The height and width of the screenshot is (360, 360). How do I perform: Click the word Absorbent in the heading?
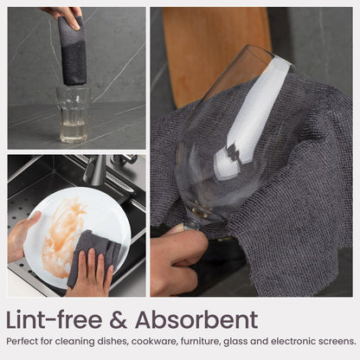pos(196,319)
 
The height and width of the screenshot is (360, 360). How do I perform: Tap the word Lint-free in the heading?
pos(55,319)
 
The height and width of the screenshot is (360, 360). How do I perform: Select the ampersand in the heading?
pos(119,320)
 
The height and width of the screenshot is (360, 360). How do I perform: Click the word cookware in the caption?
pos(154,342)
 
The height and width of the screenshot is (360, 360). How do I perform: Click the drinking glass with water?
pos(74,115)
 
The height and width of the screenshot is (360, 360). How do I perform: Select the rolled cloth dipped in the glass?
pos(72,50)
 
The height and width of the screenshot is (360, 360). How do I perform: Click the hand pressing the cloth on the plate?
pos(90,274)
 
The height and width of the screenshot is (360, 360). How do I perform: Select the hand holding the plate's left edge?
pos(22,236)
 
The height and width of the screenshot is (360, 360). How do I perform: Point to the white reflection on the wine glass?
pos(254,115)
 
